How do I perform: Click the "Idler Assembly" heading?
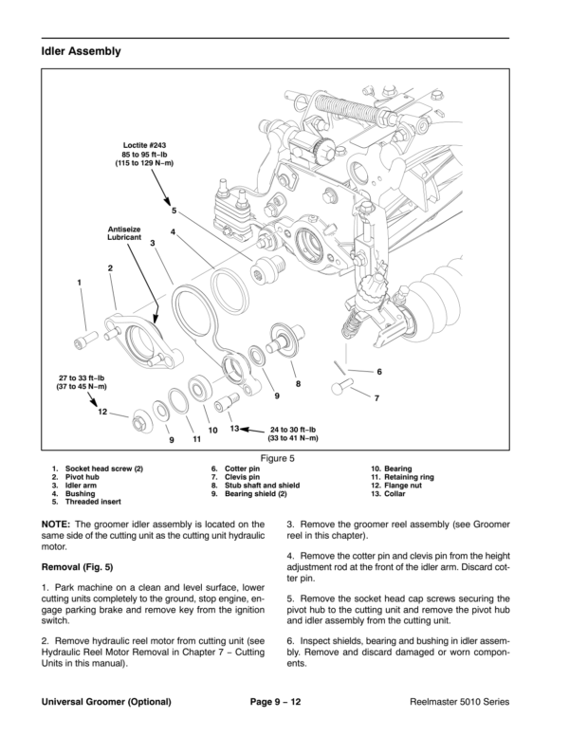[81, 51]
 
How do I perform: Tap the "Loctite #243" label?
[144, 145]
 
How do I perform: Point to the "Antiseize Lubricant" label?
[124, 233]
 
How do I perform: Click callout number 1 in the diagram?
[80, 283]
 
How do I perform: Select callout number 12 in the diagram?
[102, 412]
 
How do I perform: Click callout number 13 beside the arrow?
[234, 428]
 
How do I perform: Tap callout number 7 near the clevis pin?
[376, 398]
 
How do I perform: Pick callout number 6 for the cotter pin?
[379, 372]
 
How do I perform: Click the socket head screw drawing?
[86, 340]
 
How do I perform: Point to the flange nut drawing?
[140, 420]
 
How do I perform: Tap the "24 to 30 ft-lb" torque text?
[293, 430]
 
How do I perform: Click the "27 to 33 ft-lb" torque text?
[82, 377]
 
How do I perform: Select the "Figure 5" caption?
[278, 458]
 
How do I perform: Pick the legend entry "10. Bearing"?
[391, 469]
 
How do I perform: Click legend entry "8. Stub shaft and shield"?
[255, 486]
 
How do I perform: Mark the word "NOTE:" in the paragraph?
[56, 524]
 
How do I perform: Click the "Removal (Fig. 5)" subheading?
[78, 567]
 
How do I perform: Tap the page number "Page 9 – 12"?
[276, 702]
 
